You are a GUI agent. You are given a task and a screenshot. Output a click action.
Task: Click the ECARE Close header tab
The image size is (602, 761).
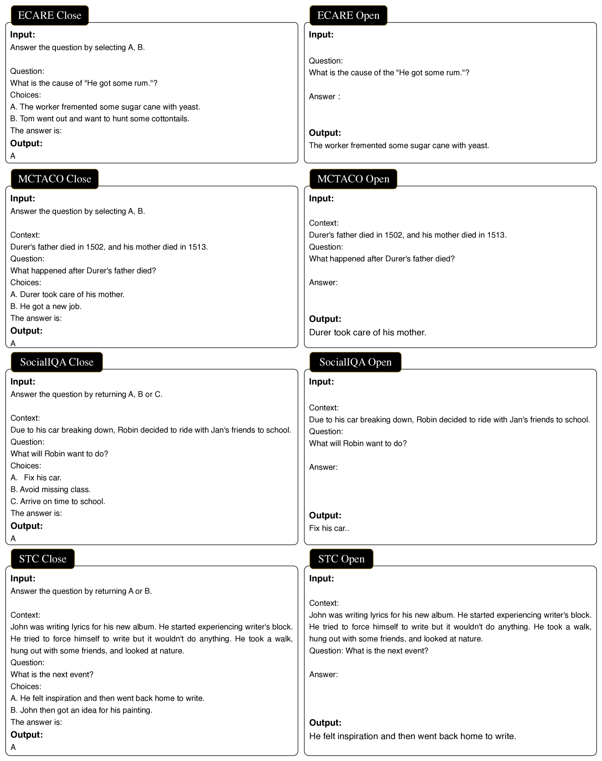coord(50,15)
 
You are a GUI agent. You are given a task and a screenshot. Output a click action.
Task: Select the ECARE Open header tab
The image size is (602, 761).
coord(348,15)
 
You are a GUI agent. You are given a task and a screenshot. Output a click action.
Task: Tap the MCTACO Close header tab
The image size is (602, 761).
coord(54,179)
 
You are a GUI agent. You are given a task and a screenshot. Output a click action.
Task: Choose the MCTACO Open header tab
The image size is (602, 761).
coord(353,179)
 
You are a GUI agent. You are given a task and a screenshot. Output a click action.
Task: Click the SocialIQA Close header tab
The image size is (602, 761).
coord(57,362)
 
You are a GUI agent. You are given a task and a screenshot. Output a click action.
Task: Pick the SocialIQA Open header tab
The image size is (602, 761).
coord(355,362)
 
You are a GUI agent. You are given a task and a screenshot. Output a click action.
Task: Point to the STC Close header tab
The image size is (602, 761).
coord(42,559)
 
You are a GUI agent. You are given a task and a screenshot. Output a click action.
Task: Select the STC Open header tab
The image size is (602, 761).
coord(341,559)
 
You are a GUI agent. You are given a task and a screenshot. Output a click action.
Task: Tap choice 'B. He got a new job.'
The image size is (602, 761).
coord(46,307)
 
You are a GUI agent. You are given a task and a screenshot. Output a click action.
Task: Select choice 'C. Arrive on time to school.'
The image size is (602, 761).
coord(58,502)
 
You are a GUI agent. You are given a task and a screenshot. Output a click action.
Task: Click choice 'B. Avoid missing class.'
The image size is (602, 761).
coord(51,490)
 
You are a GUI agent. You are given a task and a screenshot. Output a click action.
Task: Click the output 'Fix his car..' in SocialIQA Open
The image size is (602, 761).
coord(329,528)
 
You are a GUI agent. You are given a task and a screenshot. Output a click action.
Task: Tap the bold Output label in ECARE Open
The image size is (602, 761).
coord(325,133)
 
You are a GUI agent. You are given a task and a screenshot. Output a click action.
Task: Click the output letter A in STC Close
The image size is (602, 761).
coord(13,747)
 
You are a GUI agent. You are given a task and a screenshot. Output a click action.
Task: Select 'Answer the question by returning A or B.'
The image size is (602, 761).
coord(81,591)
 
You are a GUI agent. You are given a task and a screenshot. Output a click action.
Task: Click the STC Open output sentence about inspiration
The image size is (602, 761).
coord(412,736)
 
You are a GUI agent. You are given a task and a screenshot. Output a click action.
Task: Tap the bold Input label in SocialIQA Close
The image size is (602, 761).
coord(23,382)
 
